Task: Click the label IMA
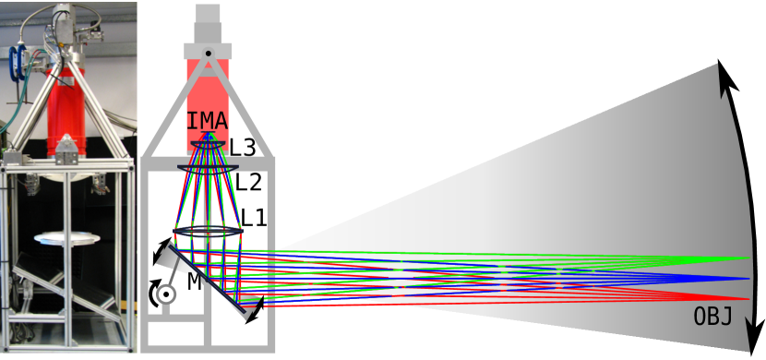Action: pyautogui.click(x=208, y=120)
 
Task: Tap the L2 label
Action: pyautogui.click(x=248, y=182)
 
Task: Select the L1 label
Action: pyautogui.click(x=254, y=219)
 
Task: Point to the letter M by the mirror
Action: pyautogui.click(x=194, y=282)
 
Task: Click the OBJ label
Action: pyautogui.click(x=712, y=318)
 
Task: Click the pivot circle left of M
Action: pyautogui.click(x=165, y=294)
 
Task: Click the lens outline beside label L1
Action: pyautogui.click(x=207, y=232)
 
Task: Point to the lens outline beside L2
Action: pyautogui.click(x=207, y=166)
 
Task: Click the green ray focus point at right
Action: pyautogui.click(x=746, y=258)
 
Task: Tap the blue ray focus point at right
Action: pyautogui.click(x=746, y=278)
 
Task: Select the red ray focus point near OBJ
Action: pyautogui.click(x=746, y=298)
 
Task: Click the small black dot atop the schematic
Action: pyautogui.click(x=209, y=53)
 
